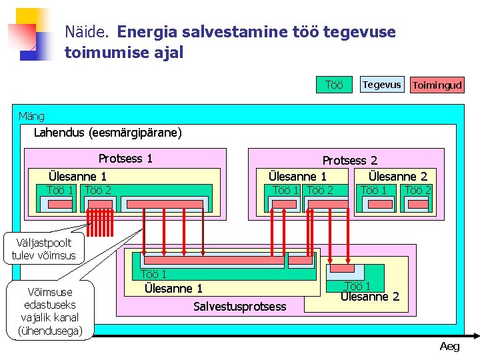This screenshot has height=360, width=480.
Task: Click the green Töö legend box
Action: tap(334, 85)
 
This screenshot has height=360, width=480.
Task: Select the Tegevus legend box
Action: tap(381, 84)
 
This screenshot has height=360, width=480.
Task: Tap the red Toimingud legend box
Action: tap(437, 85)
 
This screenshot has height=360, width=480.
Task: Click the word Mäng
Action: tap(31, 116)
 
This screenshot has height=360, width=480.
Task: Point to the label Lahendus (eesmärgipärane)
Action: tap(107, 133)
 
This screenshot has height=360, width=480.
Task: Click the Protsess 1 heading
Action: tap(125, 159)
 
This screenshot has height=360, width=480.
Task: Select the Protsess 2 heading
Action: tap(349, 160)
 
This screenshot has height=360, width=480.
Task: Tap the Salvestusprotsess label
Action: tap(239, 306)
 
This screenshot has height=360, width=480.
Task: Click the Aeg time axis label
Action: tap(449, 346)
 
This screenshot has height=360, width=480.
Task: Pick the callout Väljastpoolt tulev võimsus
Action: tap(44, 249)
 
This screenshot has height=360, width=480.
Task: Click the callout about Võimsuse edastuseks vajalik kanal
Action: tap(50, 311)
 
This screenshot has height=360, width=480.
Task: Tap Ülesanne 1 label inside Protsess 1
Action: tap(77, 177)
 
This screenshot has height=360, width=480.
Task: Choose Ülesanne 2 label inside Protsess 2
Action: tap(398, 177)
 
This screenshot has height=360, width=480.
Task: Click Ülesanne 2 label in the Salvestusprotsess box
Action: tap(370, 296)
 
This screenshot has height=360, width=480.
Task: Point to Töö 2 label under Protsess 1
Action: tap(99, 190)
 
